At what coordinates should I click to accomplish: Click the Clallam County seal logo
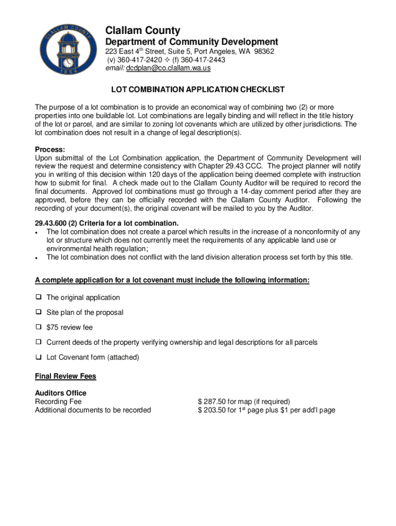point(68,49)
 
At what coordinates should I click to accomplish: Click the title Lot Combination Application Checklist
point(197,90)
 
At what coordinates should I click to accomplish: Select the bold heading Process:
point(50,149)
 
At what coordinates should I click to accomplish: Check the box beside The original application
point(39,297)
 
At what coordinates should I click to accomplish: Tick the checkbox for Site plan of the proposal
point(39,312)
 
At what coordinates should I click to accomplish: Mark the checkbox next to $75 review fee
point(39,327)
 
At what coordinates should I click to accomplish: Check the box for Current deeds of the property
point(39,342)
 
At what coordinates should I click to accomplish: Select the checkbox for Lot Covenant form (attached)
point(39,357)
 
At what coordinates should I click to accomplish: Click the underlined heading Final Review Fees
point(65,376)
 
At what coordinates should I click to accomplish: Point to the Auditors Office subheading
point(61,393)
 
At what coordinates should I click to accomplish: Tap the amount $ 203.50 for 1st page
point(266,410)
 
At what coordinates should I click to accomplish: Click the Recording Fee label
point(58,402)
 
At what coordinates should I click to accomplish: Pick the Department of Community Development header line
point(192,42)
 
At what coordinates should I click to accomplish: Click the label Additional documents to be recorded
point(93,410)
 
